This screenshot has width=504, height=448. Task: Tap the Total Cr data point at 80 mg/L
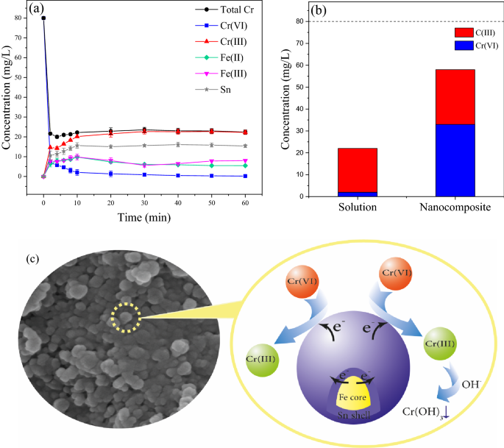coord(43,18)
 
